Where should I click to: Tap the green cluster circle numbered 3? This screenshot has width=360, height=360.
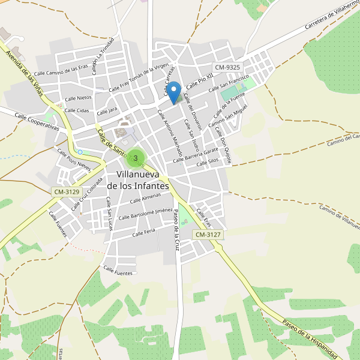pyautogui.click(x=136, y=158)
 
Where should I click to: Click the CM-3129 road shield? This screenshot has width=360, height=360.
pyautogui.click(x=66, y=191)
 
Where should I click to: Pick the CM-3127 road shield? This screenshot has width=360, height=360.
pyautogui.click(x=208, y=234)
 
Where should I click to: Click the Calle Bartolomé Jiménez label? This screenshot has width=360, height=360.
pyautogui.click(x=146, y=214)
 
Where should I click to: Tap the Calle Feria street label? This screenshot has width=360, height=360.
pyautogui.click(x=144, y=232)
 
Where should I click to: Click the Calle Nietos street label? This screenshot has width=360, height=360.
pyautogui.click(x=78, y=97)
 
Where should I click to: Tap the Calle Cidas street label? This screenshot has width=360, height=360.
pyautogui.click(x=77, y=110)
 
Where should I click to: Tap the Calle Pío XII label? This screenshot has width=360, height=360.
pyautogui.click(x=200, y=81)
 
